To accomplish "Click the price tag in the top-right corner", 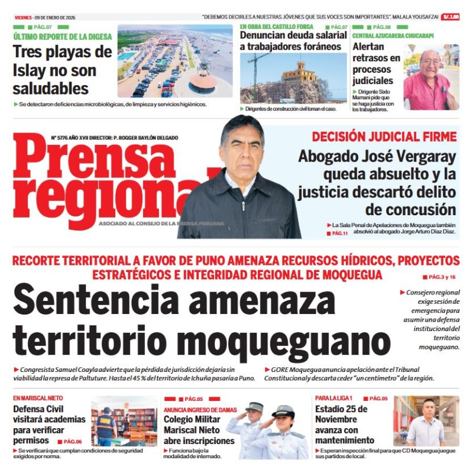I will pyautogui.click(x=451, y=17).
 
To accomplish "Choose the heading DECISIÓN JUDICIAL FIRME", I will pyautogui.click(x=384, y=137).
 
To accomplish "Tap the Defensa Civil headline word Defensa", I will pyautogui.click(x=30, y=409).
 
